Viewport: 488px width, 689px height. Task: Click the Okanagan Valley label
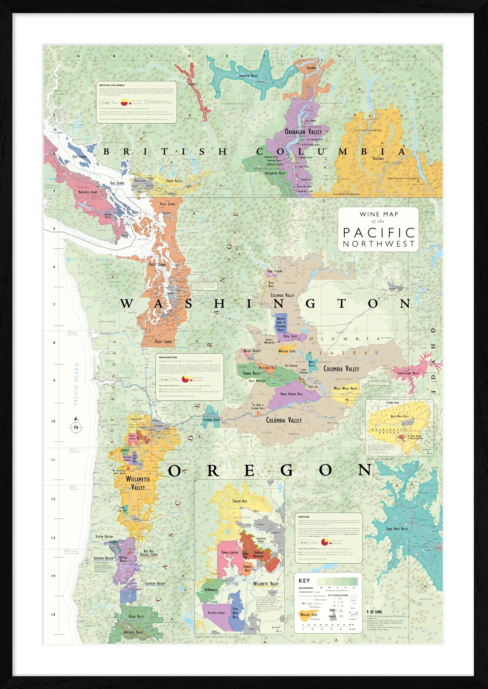[x=303, y=132]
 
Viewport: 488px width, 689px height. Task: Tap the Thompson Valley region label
[x=249, y=76]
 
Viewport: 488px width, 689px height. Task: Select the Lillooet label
[x=192, y=84]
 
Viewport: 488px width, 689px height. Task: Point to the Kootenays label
[x=378, y=158]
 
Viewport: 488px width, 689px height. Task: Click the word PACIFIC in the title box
[x=379, y=233]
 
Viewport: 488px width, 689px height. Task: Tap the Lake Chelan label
[x=275, y=271]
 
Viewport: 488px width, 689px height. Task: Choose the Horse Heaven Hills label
[x=291, y=394]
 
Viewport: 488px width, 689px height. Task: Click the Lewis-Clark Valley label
[x=408, y=373]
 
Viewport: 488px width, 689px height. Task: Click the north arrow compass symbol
[x=76, y=427]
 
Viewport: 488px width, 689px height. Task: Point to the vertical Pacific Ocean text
[x=76, y=384]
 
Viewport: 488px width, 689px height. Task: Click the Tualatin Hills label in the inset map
[x=240, y=501]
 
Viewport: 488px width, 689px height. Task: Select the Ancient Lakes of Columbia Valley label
[x=281, y=324]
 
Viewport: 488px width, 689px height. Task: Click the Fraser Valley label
[x=174, y=181]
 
